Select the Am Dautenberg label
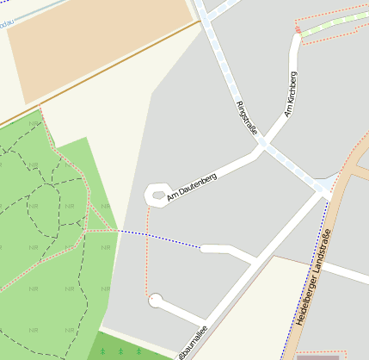point(192,187)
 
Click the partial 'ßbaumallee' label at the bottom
point(192,342)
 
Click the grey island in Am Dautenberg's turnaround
point(158,195)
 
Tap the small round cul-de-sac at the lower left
point(156,300)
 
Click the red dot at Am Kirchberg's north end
point(298,30)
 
